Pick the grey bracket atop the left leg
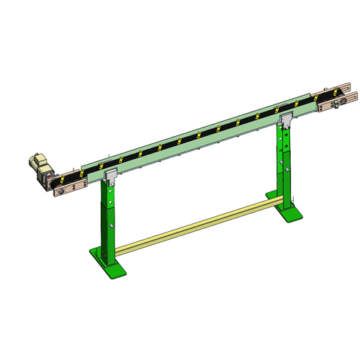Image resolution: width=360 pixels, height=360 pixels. [112, 176]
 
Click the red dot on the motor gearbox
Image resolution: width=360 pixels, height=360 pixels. [48, 175]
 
